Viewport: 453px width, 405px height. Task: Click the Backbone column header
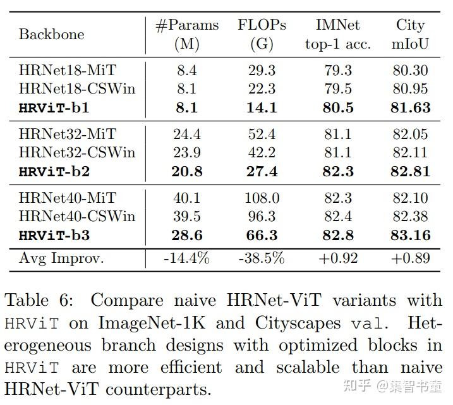(51, 34)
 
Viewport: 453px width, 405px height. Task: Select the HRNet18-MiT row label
(68, 70)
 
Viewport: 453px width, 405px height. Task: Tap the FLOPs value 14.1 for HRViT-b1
(262, 107)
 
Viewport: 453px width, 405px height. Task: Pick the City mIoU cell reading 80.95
(410, 88)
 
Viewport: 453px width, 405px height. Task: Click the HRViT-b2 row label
(54, 172)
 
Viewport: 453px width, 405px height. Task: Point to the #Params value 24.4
(187, 135)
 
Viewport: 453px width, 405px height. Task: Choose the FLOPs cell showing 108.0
(262, 198)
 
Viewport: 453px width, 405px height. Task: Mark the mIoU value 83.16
(411, 235)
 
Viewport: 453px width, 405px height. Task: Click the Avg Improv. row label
(61, 258)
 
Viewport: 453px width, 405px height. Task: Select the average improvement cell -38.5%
(262, 258)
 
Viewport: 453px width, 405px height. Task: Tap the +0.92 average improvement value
(338, 258)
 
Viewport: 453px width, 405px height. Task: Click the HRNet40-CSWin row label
(77, 216)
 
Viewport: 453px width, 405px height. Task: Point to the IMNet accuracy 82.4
(338, 216)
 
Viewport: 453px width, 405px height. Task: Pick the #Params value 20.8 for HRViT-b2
(187, 172)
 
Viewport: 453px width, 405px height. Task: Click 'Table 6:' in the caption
(39, 300)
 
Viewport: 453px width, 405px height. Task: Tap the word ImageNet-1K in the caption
(152, 323)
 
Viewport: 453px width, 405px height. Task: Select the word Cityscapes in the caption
(298, 323)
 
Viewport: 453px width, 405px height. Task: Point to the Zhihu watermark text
(392, 386)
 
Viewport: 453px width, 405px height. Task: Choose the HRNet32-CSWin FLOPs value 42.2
(262, 152)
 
